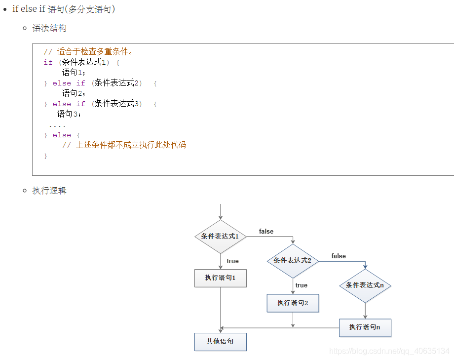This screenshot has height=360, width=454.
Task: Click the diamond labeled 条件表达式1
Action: pos(220,236)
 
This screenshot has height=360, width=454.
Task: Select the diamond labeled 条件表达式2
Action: pos(293,260)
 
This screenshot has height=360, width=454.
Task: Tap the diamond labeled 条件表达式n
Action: pos(365,285)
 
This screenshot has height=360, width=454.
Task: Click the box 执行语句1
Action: pos(220,278)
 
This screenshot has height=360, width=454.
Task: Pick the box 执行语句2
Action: pos(293,303)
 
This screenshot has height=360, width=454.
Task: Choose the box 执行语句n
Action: pos(365,327)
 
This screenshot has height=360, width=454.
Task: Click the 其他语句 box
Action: pos(220,342)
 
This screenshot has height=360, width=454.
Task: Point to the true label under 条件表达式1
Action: pos(232,261)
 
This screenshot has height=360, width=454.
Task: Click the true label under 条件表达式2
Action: pos(302,285)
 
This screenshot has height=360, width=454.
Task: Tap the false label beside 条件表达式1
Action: pos(266,232)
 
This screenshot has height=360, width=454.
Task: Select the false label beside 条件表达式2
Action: pos(339,256)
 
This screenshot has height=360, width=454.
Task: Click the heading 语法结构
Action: pos(49,29)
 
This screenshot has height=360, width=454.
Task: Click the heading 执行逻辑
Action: pos(49,191)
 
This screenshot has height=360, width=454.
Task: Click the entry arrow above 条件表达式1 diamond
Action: pos(220,211)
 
